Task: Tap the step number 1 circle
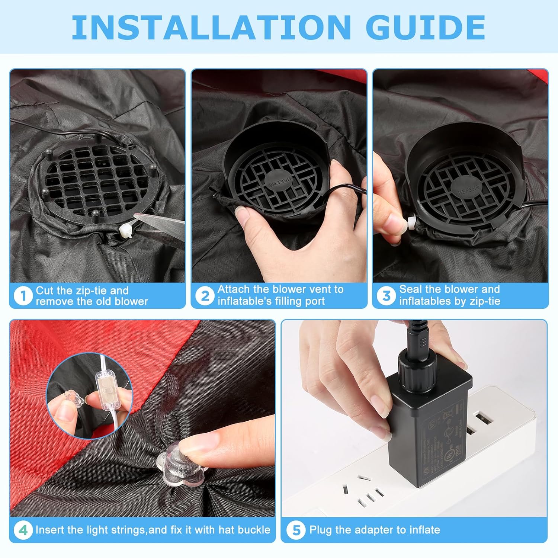pyautogui.click(x=23, y=296)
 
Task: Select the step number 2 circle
pyautogui.click(x=205, y=296)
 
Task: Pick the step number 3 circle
pyautogui.click(x=386, y=296)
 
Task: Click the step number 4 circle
pyautogui.click(x=23, y=530)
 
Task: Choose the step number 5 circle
pyautogui.click(x=296, y=530)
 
